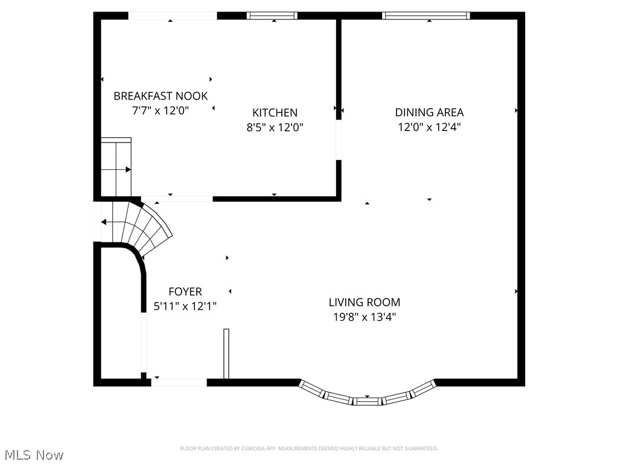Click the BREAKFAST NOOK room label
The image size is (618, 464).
(x=161, y=96)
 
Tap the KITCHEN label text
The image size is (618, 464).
(x=275, y=113)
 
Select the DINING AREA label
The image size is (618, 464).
(x=429, y=112)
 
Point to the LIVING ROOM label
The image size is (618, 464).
(x=364, y=302)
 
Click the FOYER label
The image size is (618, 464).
(x=185, y=292)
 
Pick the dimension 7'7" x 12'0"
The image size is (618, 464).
(x=161, y=111)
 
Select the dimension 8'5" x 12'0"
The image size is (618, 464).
(x=275, y=127)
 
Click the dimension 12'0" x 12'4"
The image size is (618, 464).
(x=429, y=127)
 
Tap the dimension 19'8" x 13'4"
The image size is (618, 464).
(x=364, y=317)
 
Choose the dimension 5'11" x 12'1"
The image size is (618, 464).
(x=185, y=306)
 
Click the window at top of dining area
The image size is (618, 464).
(x=426, y=16)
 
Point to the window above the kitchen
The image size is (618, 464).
(x=272, y=16)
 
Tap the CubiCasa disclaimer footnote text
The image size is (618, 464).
(x=308, y=448)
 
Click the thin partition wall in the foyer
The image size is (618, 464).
(x=226, y=353)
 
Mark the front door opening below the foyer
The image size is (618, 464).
(x=179, y=382)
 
